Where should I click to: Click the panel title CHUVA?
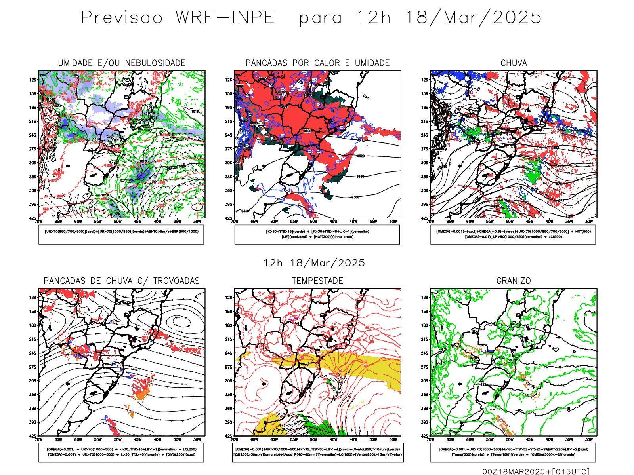pos(514,63)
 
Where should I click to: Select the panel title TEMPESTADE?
pos(317,281)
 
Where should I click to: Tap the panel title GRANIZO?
pos(514,281)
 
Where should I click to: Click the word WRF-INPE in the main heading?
pos(225,18)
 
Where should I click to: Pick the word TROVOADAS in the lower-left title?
pos(176,281)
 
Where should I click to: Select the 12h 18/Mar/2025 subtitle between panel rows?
pos(314,263)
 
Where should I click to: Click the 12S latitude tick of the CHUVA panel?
pos(425,80)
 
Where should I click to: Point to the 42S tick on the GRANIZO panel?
pos(425,436)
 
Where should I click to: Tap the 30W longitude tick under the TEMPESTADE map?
pos(393,439)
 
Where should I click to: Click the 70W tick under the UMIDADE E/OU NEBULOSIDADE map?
pos(38,222)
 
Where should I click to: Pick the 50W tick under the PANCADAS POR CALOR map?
pos(313,222)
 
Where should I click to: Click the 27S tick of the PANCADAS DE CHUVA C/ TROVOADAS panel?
pos(32,367)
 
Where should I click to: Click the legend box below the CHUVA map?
pos(513,234)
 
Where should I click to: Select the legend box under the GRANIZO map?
pos(513,452)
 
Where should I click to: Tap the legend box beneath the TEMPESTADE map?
pos(317,452)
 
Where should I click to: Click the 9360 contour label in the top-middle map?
pos(355,197)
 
